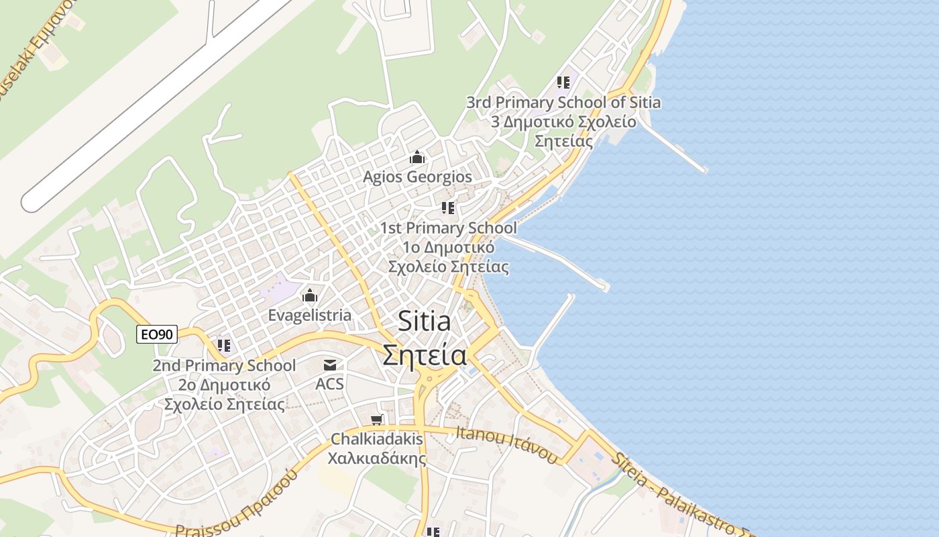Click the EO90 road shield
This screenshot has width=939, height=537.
click(157, 334)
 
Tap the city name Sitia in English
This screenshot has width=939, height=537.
click(424, 322)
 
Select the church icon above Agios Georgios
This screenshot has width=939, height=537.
click(417, 158)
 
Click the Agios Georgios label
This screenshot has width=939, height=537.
click(417, 177)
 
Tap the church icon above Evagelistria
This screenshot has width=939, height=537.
click(310, 295)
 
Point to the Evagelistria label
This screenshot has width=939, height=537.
click(309, 315)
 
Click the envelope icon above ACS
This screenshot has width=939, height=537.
click(330, 365)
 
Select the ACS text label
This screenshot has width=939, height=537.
click(329, 384)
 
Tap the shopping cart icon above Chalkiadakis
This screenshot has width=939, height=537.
click(377, 420)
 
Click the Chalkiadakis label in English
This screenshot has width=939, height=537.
click(377, 439)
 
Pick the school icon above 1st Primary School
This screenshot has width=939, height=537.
click(448, 208)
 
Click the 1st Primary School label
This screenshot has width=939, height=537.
click(448, 228)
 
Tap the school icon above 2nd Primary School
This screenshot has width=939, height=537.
click(224, 346)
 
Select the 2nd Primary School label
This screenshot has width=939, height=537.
click(224, 366)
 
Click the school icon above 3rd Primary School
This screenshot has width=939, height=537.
click(563, 83)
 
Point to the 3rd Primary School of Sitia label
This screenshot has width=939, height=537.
click(563, 103)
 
